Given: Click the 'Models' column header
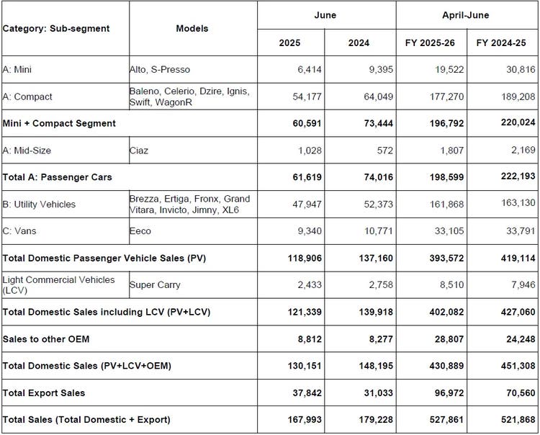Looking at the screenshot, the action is (192, 28).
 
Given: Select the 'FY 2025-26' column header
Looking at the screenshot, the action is (430, 42).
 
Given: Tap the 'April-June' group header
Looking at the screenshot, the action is (466, 15).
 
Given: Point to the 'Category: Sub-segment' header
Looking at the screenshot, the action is (56, 28).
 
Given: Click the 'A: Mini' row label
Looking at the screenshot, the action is (17, 70).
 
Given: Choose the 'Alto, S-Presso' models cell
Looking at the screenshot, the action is (159, 70).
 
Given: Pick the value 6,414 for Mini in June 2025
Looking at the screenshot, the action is (310, 70).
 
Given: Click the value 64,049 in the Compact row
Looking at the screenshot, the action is (378, 97).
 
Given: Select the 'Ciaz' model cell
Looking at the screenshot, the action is (139, 151).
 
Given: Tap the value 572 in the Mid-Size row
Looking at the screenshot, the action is (384, 151).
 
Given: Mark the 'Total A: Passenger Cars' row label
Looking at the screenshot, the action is (57, 177).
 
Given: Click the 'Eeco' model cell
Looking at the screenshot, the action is (140, 230).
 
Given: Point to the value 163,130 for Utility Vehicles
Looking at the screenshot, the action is (518, 202).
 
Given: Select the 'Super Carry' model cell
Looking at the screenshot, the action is (155, 284).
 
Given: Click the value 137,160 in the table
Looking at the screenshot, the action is (376, 258).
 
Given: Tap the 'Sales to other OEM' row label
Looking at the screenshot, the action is (46, 339).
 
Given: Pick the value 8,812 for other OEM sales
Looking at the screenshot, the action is (310, 339).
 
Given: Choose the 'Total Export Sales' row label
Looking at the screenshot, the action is (44, 393).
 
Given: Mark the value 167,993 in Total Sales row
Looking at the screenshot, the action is (305, 419).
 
